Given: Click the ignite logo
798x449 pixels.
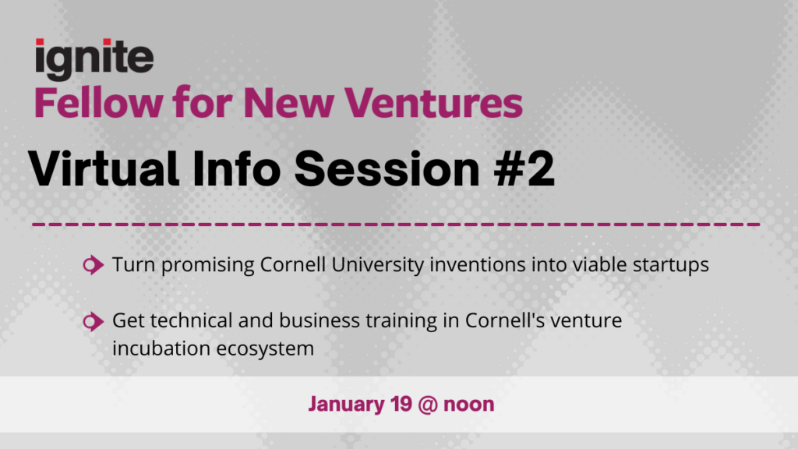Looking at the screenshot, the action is coord(94,59).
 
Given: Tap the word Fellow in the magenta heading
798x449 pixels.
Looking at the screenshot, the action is coord(99,103).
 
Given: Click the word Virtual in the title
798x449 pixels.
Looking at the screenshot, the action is coord(104,168).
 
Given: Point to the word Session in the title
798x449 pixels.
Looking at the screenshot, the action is coord(387,168).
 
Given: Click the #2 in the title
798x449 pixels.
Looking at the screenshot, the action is coord(524,168).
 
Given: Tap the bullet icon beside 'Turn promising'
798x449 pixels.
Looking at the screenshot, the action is coord(94,265).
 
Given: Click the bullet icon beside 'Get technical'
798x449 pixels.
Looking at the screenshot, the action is coord(94,321).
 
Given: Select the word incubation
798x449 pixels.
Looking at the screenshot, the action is coord(161,348).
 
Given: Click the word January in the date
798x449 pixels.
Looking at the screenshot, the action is coord(347,405).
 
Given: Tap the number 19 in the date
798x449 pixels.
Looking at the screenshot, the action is coord(401,404).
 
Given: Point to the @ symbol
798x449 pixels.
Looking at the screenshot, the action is coord(428,405).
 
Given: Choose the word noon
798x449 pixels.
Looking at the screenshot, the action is coord(468,405).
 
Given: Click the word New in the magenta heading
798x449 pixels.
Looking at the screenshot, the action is coord(288,103).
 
